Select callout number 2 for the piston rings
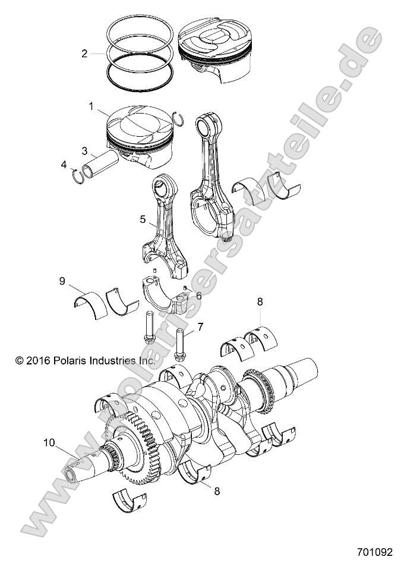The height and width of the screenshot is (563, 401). point(84,54)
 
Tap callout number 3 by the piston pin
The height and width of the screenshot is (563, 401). point(85,150)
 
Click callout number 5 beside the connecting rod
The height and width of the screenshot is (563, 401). point(143,219)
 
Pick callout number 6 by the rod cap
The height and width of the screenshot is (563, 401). point(198,295)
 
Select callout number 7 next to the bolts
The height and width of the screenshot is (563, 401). point(200,326)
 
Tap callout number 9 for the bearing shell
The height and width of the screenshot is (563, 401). point(62,281)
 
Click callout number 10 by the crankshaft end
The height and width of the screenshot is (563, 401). point(49,442)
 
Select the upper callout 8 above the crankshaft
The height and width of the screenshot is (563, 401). point(260,301)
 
